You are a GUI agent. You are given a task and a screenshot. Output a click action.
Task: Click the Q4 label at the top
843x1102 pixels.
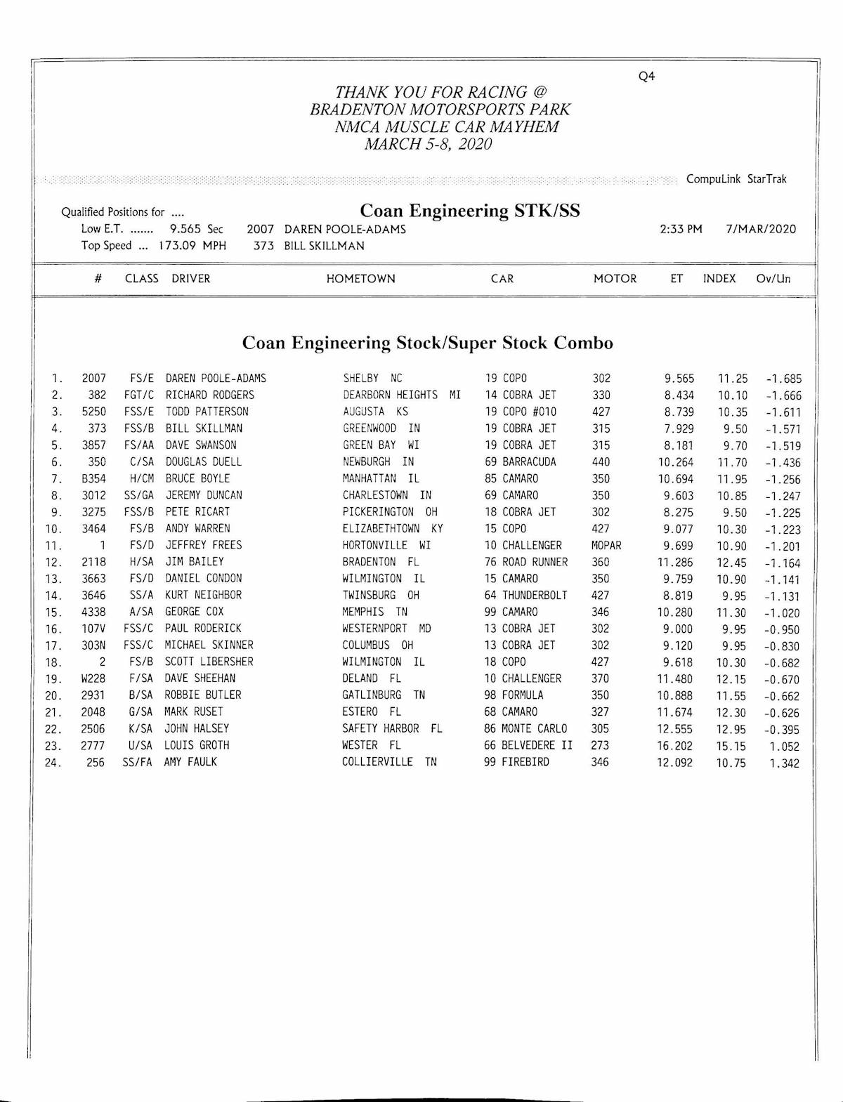(x=646, y=77)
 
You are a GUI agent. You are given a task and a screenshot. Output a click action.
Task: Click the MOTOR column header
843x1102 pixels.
(x=615, y=279)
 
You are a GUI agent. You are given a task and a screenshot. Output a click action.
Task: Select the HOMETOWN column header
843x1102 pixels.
(x=360, y=279)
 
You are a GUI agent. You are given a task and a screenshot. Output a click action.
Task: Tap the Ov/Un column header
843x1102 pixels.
(x=773, y=279)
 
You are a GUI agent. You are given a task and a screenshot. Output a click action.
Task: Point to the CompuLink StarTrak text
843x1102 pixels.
(x=736, y=179)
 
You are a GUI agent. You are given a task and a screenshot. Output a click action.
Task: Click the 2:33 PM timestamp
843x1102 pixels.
(x=681, y=229)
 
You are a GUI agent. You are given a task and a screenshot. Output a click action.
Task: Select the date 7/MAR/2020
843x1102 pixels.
(x=761, y=229)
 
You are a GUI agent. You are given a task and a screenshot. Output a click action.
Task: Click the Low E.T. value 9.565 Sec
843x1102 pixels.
(x=196, y=229)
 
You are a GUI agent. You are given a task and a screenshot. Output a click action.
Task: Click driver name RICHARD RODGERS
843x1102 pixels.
(x=209, y=395)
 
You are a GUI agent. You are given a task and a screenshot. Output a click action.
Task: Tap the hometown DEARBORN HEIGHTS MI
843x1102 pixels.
(x=401, y=395)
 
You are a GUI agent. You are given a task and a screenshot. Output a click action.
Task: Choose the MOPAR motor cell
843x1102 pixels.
(x=606, y=546)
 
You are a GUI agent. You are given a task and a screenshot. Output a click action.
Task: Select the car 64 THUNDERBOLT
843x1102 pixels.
(x=525, y=596)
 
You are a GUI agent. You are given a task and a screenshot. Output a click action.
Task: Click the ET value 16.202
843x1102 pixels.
(x=674, y=746)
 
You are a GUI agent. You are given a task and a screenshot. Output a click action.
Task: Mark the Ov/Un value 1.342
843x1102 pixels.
(x=784, y=763)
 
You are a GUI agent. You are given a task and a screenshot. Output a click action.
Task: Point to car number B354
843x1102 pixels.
(x=93, y=479)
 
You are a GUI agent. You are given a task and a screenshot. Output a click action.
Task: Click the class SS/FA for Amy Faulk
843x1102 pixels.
(x=137, y=762)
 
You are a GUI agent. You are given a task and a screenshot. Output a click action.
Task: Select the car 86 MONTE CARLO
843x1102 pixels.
(x=525, y=729)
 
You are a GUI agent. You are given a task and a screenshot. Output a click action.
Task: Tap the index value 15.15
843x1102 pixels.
(x=731, y=747)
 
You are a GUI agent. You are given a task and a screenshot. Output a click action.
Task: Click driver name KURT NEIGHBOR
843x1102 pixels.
(x=203, y=596)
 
